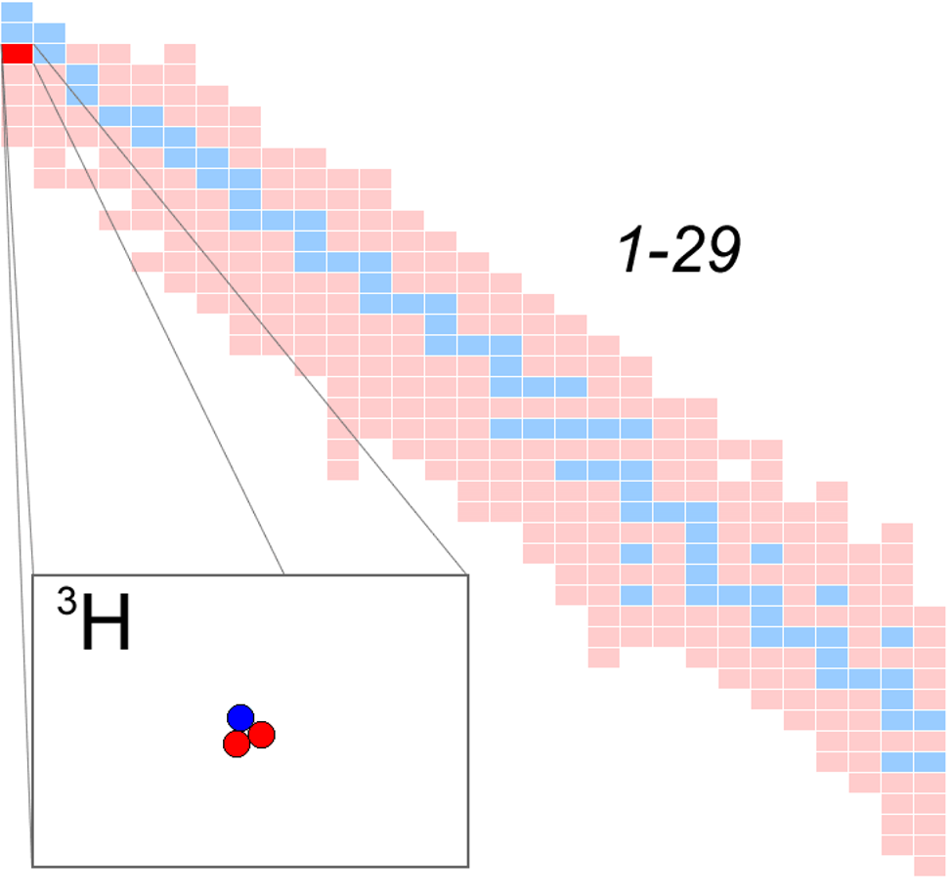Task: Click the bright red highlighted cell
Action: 17,54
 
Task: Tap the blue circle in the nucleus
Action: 240,717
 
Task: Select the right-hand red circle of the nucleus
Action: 262,735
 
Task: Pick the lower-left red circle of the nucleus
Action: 237,744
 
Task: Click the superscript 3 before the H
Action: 66,601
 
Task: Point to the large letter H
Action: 106,621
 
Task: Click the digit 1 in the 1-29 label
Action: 631,249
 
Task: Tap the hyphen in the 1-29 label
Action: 658,254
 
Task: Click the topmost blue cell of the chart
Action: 17,12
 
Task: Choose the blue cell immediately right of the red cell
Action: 49,54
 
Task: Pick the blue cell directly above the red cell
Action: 17,33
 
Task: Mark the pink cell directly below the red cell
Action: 17,74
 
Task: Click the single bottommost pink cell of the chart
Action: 930,867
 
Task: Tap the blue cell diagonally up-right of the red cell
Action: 49,33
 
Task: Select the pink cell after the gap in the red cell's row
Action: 180,54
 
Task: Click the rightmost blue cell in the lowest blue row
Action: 930,762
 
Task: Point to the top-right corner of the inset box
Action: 468,574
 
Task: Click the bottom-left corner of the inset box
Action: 32,867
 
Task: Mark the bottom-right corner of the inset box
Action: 468,867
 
